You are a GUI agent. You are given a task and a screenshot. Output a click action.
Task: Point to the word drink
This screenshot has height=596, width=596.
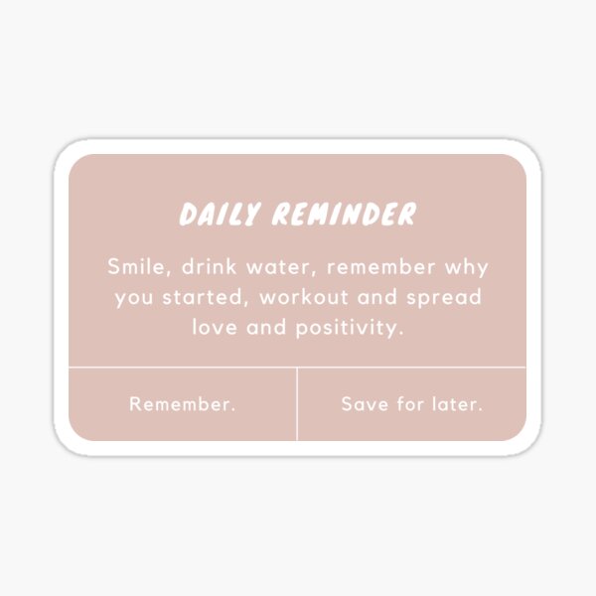click(206, 268)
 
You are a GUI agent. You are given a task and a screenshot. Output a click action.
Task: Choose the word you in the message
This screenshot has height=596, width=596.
click(134, 298)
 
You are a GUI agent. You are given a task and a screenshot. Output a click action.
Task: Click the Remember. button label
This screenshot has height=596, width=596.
click(183, 404)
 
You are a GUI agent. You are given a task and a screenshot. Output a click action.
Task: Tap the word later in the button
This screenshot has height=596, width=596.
click(456, 404)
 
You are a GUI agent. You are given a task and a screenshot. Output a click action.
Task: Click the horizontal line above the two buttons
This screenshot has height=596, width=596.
click(199, 368)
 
